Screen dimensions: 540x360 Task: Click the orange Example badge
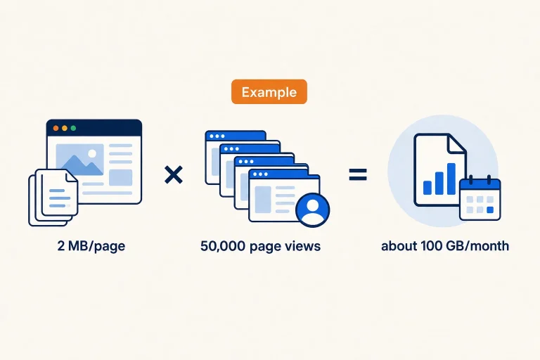tap(269, 91)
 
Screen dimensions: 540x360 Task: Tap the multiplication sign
tap(174, 174)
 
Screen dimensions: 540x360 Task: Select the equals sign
tap(358, 174)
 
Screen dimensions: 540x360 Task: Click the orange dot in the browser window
tap(56, 128)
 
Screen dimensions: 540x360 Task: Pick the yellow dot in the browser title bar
tap(65, 128)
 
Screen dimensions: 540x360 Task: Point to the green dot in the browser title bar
tap(73, 128)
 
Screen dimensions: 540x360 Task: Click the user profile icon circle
tap(313, 210)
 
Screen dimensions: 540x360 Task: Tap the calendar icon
tap(480, 198)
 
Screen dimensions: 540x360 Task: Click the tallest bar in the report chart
tap(451, 179)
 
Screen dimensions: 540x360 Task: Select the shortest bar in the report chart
tap(427, 188)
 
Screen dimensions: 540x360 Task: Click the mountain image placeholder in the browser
tap(80, 160)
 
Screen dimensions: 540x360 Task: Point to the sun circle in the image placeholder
tap(92, 153)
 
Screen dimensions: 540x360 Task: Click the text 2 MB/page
tap(91, 246)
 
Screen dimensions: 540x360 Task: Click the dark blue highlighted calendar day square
tap(490, 210)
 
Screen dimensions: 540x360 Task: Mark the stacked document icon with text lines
tap(53, 197)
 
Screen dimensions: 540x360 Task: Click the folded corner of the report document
tap(457, 143)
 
